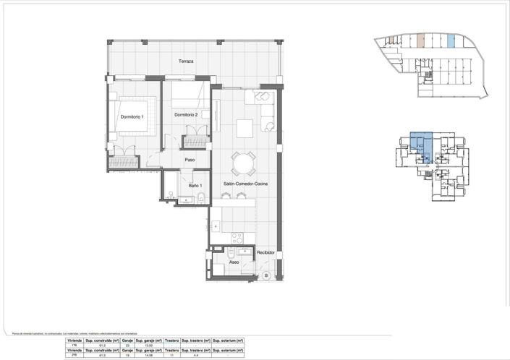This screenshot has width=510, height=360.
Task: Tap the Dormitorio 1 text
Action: pos(132,117)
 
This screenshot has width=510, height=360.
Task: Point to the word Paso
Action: pos(190,160)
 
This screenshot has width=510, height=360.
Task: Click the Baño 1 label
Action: pos(195,186)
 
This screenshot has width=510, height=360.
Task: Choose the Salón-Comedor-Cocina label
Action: pos(245,185)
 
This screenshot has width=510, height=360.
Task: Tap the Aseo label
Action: pos(234,262)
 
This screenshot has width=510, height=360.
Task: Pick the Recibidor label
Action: pos(265,252)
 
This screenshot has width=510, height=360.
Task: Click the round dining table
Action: pos(243,163)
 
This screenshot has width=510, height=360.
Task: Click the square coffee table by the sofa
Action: pos(246,127)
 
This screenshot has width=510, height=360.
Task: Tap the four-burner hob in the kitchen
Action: pos(236,237)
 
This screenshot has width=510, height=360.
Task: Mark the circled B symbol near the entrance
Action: pos(265,275)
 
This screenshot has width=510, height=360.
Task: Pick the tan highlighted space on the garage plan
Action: pos(420,41)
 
